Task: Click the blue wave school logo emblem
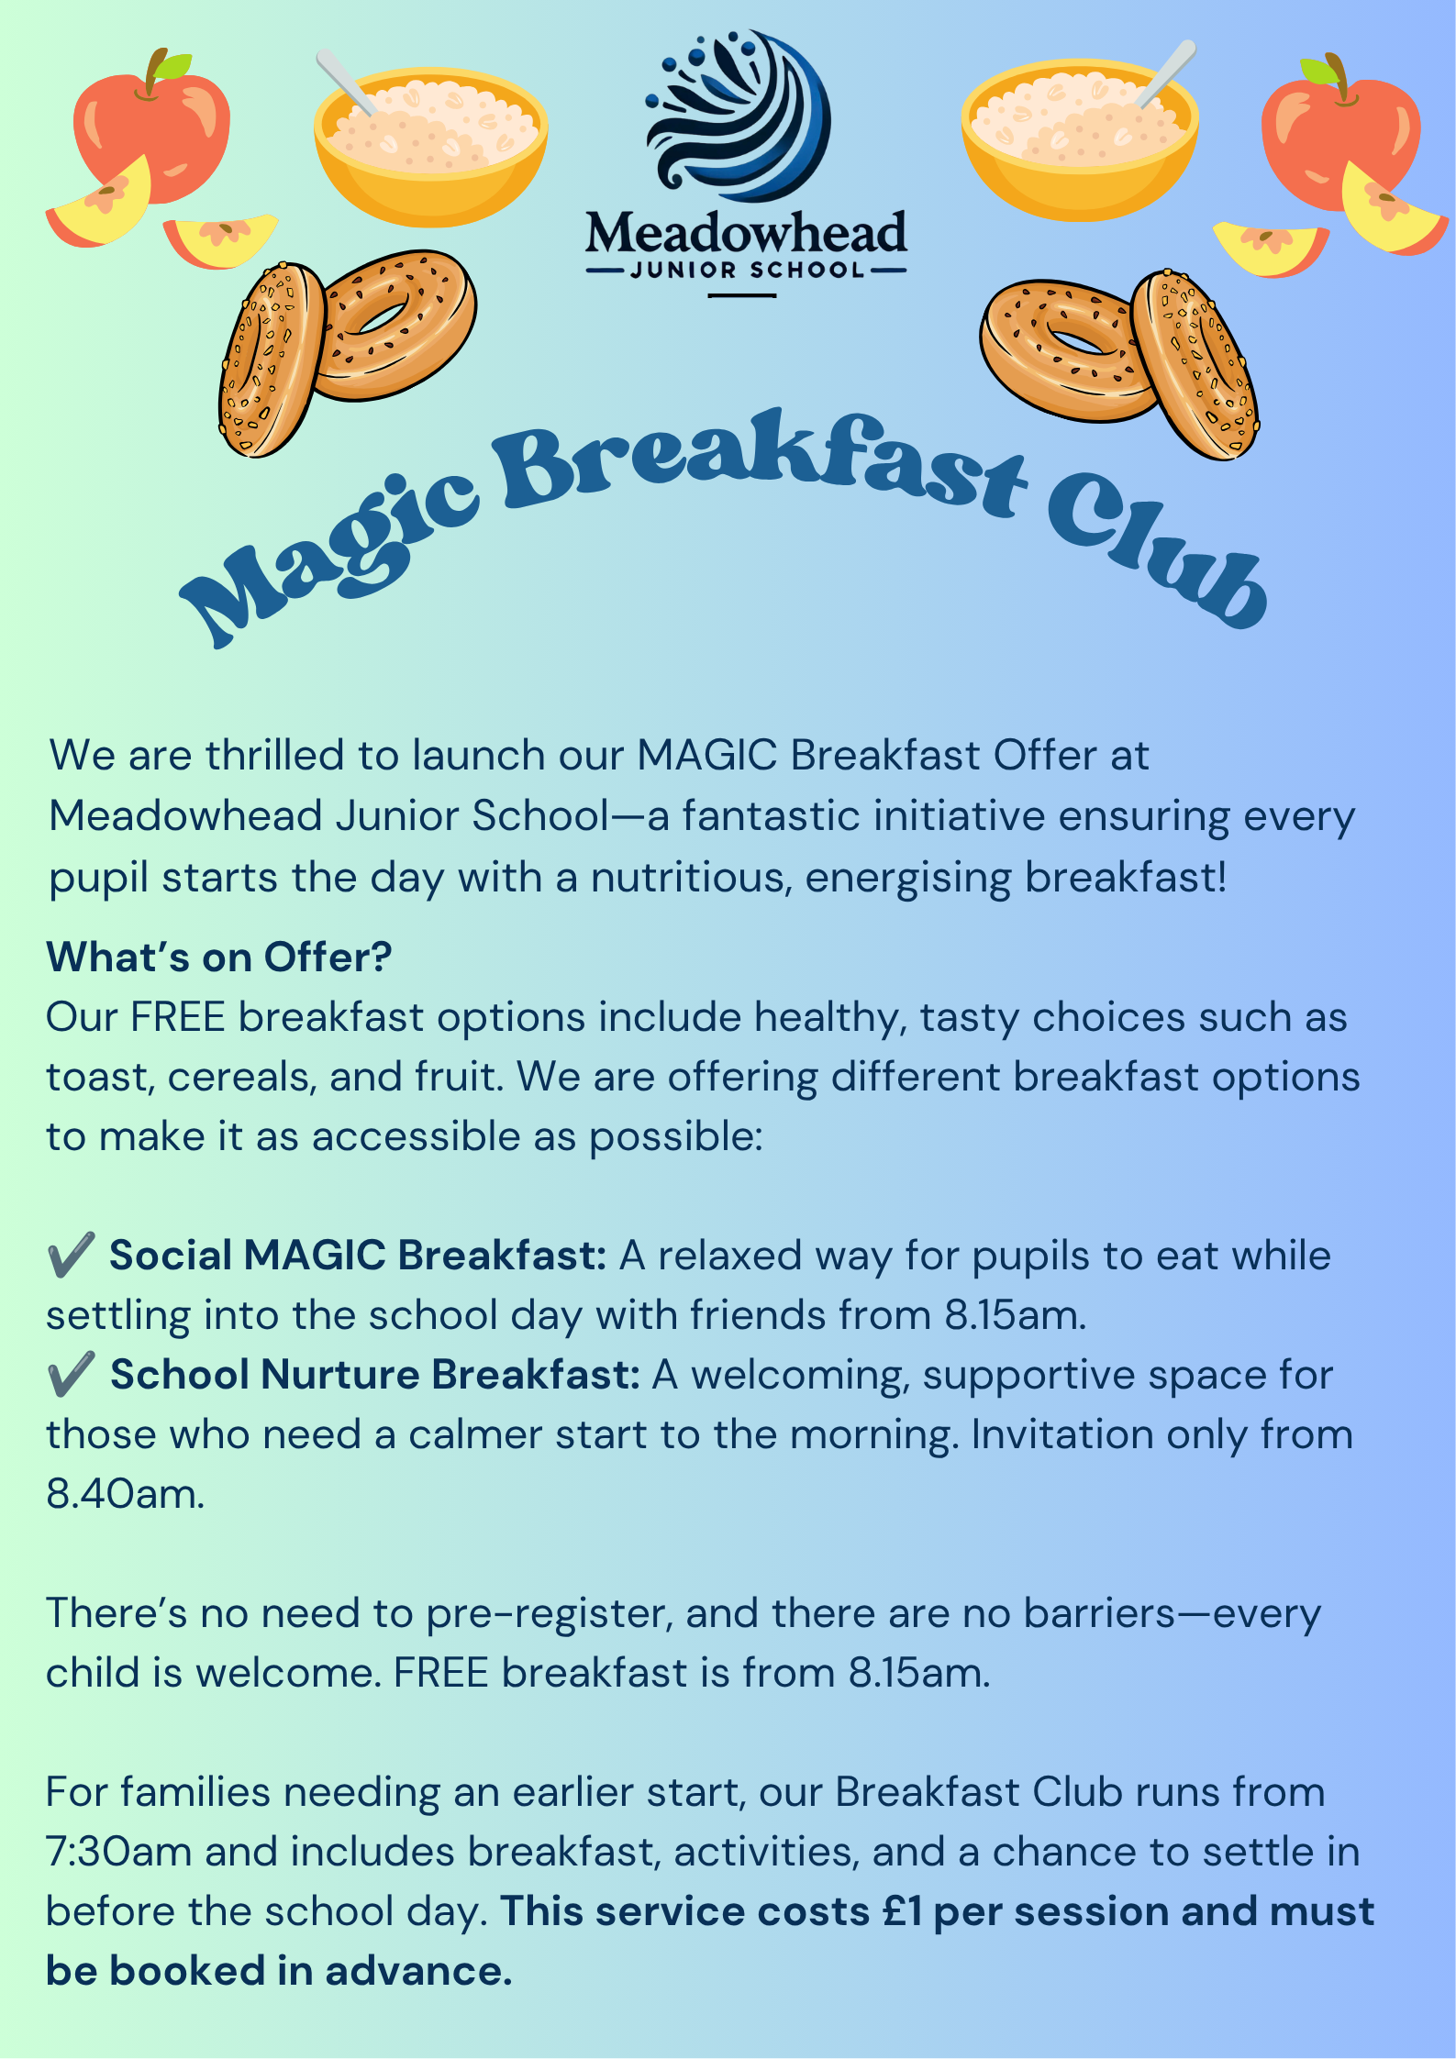pyautogui.click(x=739, y=115)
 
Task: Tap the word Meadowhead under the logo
pyautogui.click(x=746, y=233)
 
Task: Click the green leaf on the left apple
pyautogui.click(x=172, y=65)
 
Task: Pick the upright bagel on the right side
pyautogui.click(x=1195, y=364)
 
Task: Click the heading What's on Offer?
pyautogui.click(x=219, y=957)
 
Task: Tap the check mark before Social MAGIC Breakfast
pyautogui.click(x=72, y=1255)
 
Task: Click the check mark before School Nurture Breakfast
pyautogui.click(x=72, y=1374)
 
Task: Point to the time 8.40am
pyautogui.click(x=126, y=1494)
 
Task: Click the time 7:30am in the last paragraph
pyautogui.click(x=118, y=1852)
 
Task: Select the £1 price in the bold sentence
pyautogui.click(x=902, y=1911)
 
